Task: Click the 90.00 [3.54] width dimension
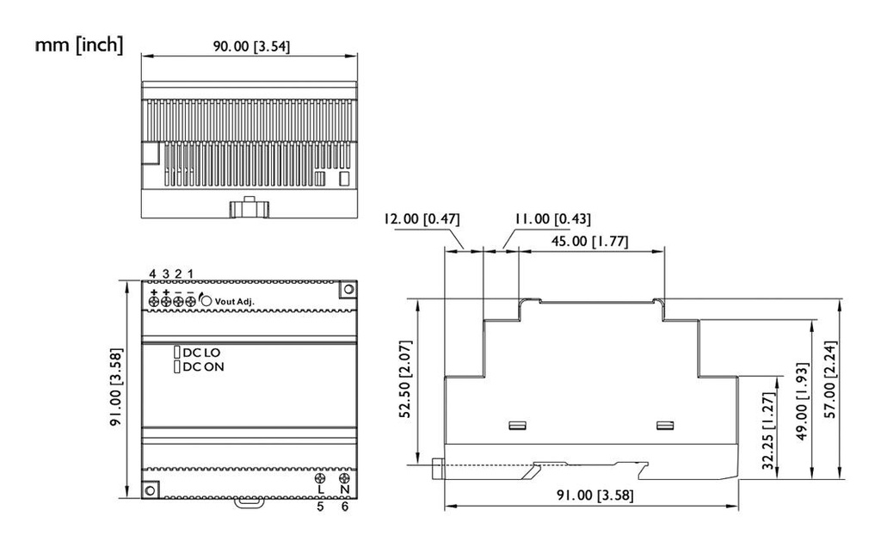(x=250, y=46)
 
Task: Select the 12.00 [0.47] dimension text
(x=422, y=219)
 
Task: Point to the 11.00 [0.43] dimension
(x=551, y=219)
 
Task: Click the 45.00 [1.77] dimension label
(x=589, y=242)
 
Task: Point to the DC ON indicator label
(x=201, y=367)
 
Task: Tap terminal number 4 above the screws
(x=152, y=273)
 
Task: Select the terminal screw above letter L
(x=321, y=478)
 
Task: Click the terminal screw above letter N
(x=344, y=478)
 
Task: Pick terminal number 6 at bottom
(x=345, y=507)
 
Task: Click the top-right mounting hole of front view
(x=348, y=290)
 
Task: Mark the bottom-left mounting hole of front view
(x=150, y=489)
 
